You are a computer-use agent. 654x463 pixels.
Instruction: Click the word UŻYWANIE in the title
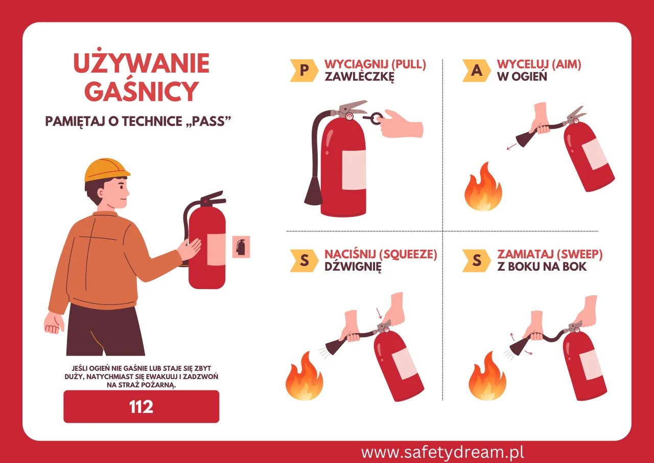coord(141,63)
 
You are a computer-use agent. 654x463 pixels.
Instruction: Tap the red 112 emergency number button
coord(141,407)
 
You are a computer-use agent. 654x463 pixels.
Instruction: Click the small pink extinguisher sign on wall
coord(241,247)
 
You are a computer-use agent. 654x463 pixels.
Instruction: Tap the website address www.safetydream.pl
coord(442,452)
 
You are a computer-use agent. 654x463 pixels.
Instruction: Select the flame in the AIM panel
coord(483,188)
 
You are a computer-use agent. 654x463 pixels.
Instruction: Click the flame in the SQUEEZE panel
coord(304,378)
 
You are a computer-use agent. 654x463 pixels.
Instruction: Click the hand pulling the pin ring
coord(402,123)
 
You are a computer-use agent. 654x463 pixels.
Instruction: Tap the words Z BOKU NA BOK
coord(542,267)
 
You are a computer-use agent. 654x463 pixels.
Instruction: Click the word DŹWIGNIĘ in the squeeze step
coord(353,267)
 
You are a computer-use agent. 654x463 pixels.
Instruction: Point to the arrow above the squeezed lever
coord(378,313)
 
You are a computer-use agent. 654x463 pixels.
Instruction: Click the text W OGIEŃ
coord(522,77)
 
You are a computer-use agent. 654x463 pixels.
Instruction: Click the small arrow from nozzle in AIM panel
coord(510,147)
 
